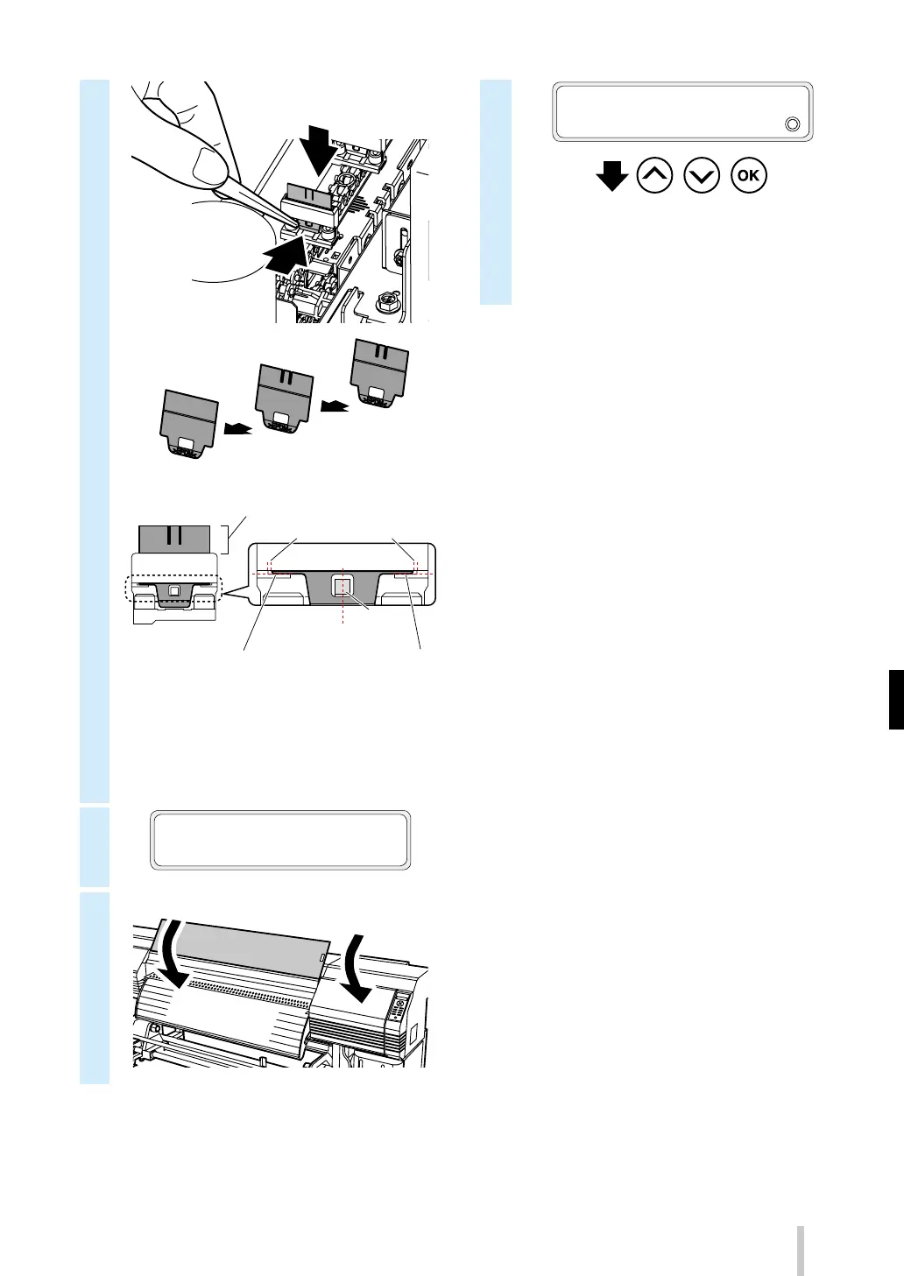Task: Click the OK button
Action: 749,176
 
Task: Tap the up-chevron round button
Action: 656,176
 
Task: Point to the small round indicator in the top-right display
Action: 792,123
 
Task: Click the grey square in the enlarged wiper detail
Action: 343,586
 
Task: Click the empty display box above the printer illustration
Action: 280,840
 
